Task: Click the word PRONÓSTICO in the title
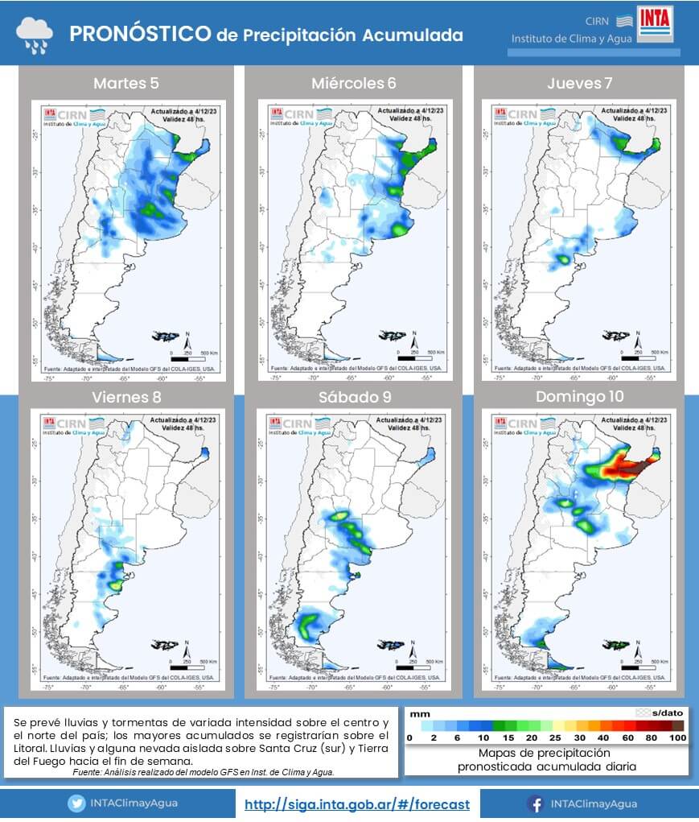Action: [x=140, y=34]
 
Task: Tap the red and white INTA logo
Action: [x=657, y=25]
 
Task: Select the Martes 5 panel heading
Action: [x=126, y=83]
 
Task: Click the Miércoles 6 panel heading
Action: [x=353, y=83]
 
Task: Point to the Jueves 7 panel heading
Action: [x=578, y=83]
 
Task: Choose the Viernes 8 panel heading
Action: [x=126, y=397]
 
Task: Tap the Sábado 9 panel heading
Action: [x=353, y=397]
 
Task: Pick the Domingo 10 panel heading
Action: [x=578, y=397]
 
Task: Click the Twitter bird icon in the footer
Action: [x=76, y=803]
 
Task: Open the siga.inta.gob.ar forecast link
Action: [x=356, y=803]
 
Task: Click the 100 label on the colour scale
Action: [x=678, y=737]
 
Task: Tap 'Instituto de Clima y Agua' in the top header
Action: [x=571, y=39]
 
